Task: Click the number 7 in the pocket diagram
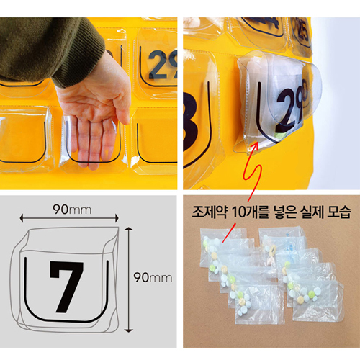(66, 287)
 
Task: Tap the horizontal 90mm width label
(72, 210)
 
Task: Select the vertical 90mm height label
(153, 277)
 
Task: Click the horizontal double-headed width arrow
(69, 218)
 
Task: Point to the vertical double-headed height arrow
(129, 279)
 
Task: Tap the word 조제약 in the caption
(210, 212)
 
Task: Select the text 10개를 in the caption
(250, 212)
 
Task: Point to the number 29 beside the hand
(163, 65)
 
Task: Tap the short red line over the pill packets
(228, 233)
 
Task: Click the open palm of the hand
(92, 102)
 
